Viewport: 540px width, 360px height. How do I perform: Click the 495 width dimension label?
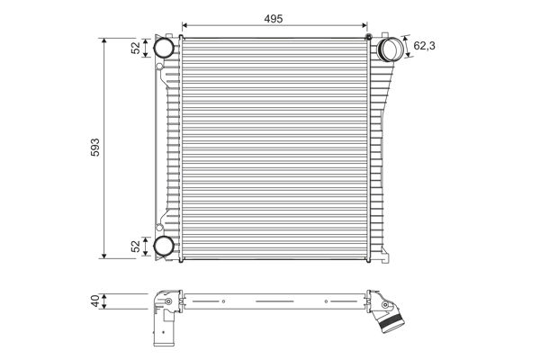[275, 17]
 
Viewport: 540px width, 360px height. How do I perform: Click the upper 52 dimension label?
[136, 49]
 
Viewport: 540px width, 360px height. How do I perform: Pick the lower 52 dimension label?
[136, 245]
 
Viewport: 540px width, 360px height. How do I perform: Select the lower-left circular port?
[164, 246]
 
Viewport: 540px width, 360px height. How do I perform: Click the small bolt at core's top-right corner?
[369, 36]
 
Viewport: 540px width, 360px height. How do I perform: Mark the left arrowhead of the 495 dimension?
[184, 26]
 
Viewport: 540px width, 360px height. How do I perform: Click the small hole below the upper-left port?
[159, 67]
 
